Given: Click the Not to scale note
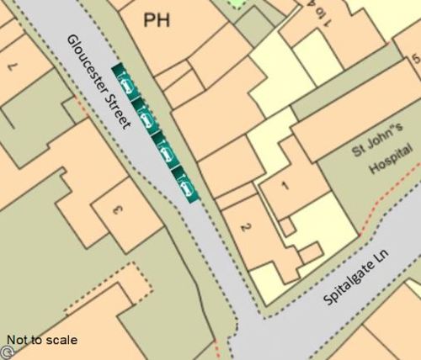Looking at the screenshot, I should (x=42, y=341).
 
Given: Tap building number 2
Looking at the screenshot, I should (x=245, y=227).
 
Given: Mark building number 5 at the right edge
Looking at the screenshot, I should (x=415, y=59).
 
